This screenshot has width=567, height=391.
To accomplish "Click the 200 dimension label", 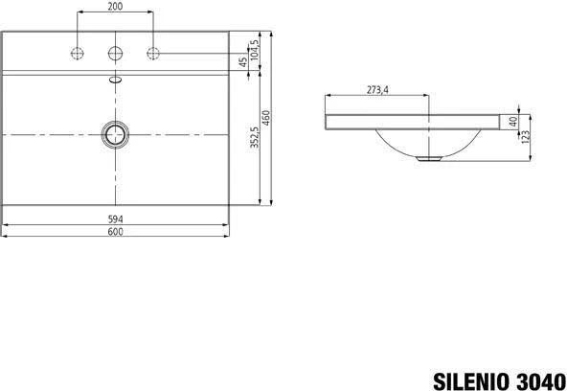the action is click(115, 6).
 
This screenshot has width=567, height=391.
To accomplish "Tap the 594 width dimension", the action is click(115, 219).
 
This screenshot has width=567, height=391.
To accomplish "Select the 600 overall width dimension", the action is click(115, 232).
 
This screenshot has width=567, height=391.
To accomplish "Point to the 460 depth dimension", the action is click(266, 118).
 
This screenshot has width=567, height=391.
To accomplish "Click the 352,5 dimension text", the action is click(255, 137).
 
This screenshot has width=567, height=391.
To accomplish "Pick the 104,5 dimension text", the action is click(255, 50).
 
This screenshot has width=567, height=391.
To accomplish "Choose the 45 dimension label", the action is click(243, 62).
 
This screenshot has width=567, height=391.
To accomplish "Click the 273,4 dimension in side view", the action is click(377, 90).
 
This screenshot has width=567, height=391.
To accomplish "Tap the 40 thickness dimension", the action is click(513, 122).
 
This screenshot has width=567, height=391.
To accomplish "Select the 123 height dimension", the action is click(526, 137).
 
